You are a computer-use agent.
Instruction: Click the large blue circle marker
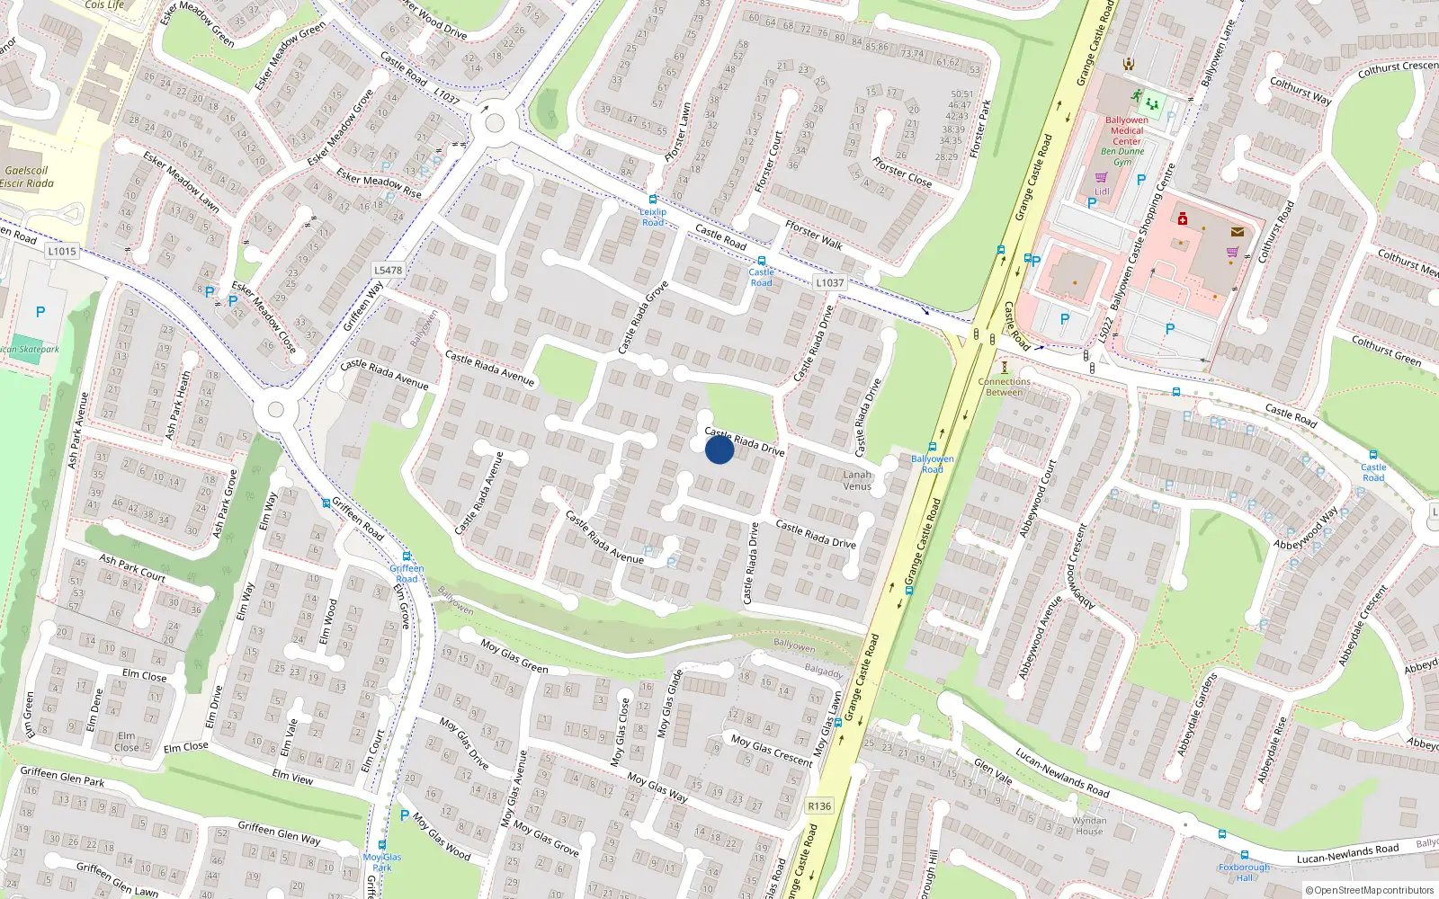click(x=719, y=449)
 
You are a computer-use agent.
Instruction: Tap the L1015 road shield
click(x=62, y=251)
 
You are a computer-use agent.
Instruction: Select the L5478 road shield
click(x=388, y=270)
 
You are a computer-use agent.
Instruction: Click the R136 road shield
click(x=819, y=806)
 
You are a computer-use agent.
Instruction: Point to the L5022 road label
click(x=1105, y=329)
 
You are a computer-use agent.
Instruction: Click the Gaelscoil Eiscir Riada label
click(x=27, y=177)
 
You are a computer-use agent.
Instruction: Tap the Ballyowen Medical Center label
click(x=1126, y=130)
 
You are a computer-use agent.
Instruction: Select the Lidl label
click(x=1102, y=191)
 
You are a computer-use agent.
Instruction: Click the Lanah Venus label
click(x=857, y=480)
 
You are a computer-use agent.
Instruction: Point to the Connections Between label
click(x=1004, y=387)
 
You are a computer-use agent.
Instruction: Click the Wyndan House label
click(x=1089, y=825)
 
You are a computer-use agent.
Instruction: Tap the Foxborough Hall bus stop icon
click(x=1244, y=855)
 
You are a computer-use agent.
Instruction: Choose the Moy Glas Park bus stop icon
click(x=382, y=845)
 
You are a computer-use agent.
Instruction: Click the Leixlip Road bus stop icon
click(x=653, y=200)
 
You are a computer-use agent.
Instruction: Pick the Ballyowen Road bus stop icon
click(x=933, y=447)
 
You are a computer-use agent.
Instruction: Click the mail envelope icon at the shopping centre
click(x=1238, y=232)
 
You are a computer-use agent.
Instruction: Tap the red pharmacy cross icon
click(x=1183, y=218)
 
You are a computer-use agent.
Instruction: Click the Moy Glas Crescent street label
click(x=771, y=751)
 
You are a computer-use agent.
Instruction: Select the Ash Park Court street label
click(x=132, y=568)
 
